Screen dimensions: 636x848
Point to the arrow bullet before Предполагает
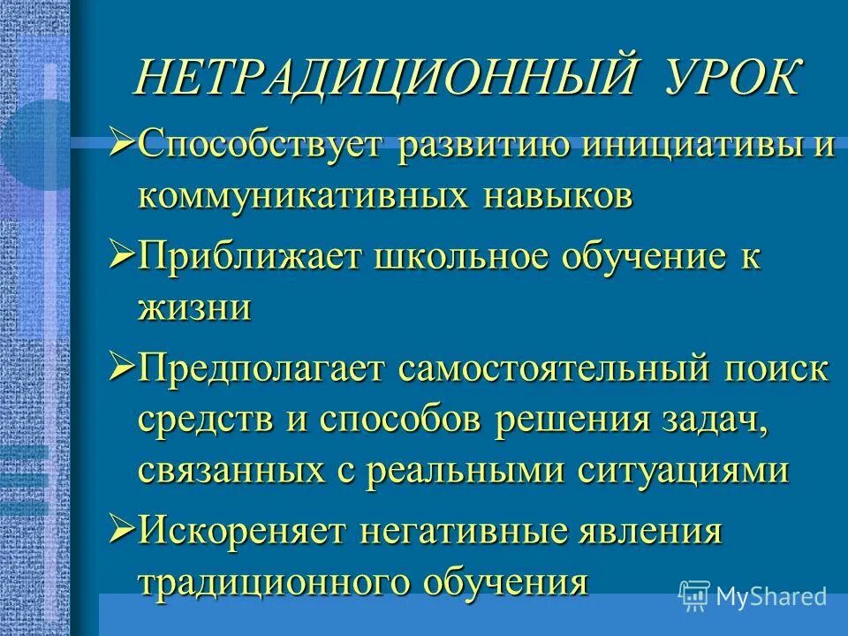[122, 363]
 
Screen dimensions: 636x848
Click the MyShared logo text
[771, 597]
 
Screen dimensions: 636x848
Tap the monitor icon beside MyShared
[694, 596]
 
